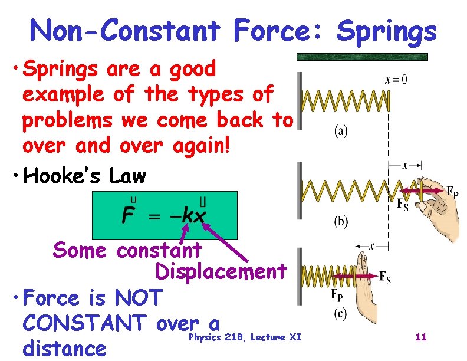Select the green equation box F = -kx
165,215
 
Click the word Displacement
221,271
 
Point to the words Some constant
127,250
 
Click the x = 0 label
396,80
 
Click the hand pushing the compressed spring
364,283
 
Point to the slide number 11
421,337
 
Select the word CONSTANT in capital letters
83,323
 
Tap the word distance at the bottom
64,348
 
